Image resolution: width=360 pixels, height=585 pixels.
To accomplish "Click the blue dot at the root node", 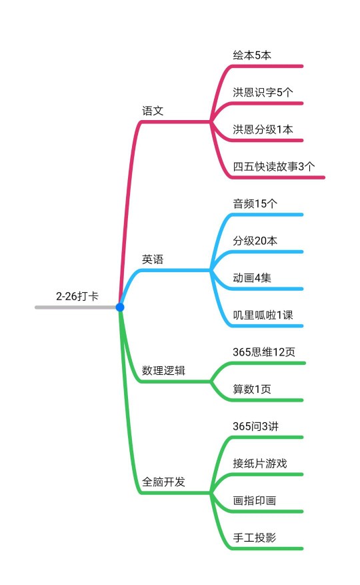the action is click(120, 307).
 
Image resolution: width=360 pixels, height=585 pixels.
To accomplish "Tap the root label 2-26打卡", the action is click(77, 296).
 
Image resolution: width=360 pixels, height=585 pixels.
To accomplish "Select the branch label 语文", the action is click(153, 111).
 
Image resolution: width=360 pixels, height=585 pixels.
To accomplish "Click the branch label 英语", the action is click(153, 259).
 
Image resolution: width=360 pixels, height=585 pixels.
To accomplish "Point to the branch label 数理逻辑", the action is click(163, 370).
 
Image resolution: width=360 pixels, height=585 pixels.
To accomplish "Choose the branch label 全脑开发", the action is click(163, 482).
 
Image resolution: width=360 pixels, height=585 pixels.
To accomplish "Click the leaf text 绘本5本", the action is click(252, 55).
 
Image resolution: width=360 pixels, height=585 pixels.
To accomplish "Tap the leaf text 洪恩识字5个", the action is click(263, 92).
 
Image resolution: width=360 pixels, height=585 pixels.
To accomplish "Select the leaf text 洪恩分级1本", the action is click(263, 129).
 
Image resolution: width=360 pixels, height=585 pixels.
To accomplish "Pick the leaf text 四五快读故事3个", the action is click(274, 166).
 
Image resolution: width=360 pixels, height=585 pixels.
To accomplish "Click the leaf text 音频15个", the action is click(255, 203).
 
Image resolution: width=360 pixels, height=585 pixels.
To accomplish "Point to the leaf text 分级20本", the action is click(255, 241).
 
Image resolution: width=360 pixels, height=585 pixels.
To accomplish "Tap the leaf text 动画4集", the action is click(252, 278).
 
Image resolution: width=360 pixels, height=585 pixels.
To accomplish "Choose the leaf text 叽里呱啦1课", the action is click(263, 315).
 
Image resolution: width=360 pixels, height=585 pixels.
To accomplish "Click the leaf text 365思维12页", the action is click(264, 352).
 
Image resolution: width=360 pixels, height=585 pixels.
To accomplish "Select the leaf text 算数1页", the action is click(252, 389).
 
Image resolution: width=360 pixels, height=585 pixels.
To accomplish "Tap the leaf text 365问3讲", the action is click(255, 426).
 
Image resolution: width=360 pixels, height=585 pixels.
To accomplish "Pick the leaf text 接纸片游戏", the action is click(259, 464).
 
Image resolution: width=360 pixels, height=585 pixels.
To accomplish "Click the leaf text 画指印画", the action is click(255, 500).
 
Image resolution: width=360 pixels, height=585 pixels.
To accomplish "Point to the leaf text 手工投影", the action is click(255, 538).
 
